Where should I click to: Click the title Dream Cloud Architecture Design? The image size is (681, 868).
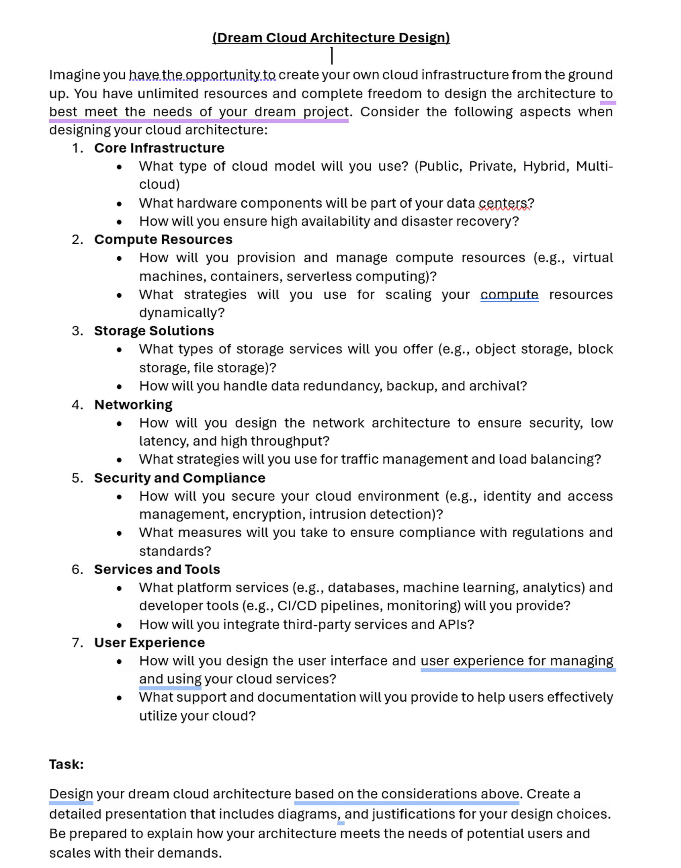(x=331, y=38)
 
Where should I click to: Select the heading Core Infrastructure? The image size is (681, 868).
(x=159, y=148)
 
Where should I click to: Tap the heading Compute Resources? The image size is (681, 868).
(x=163, y=239)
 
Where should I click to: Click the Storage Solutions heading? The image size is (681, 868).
(x=154, y=331)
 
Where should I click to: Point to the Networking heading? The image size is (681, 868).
(x=133, y=404)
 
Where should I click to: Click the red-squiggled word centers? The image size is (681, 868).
(x=503, y=203)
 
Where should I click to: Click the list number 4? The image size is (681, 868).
(x=77, y=405)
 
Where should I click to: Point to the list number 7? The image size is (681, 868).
(x=77, y=643)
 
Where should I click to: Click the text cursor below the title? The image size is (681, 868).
(x=332, y=56)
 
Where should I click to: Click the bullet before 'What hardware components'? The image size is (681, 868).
(x=119, y=204)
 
